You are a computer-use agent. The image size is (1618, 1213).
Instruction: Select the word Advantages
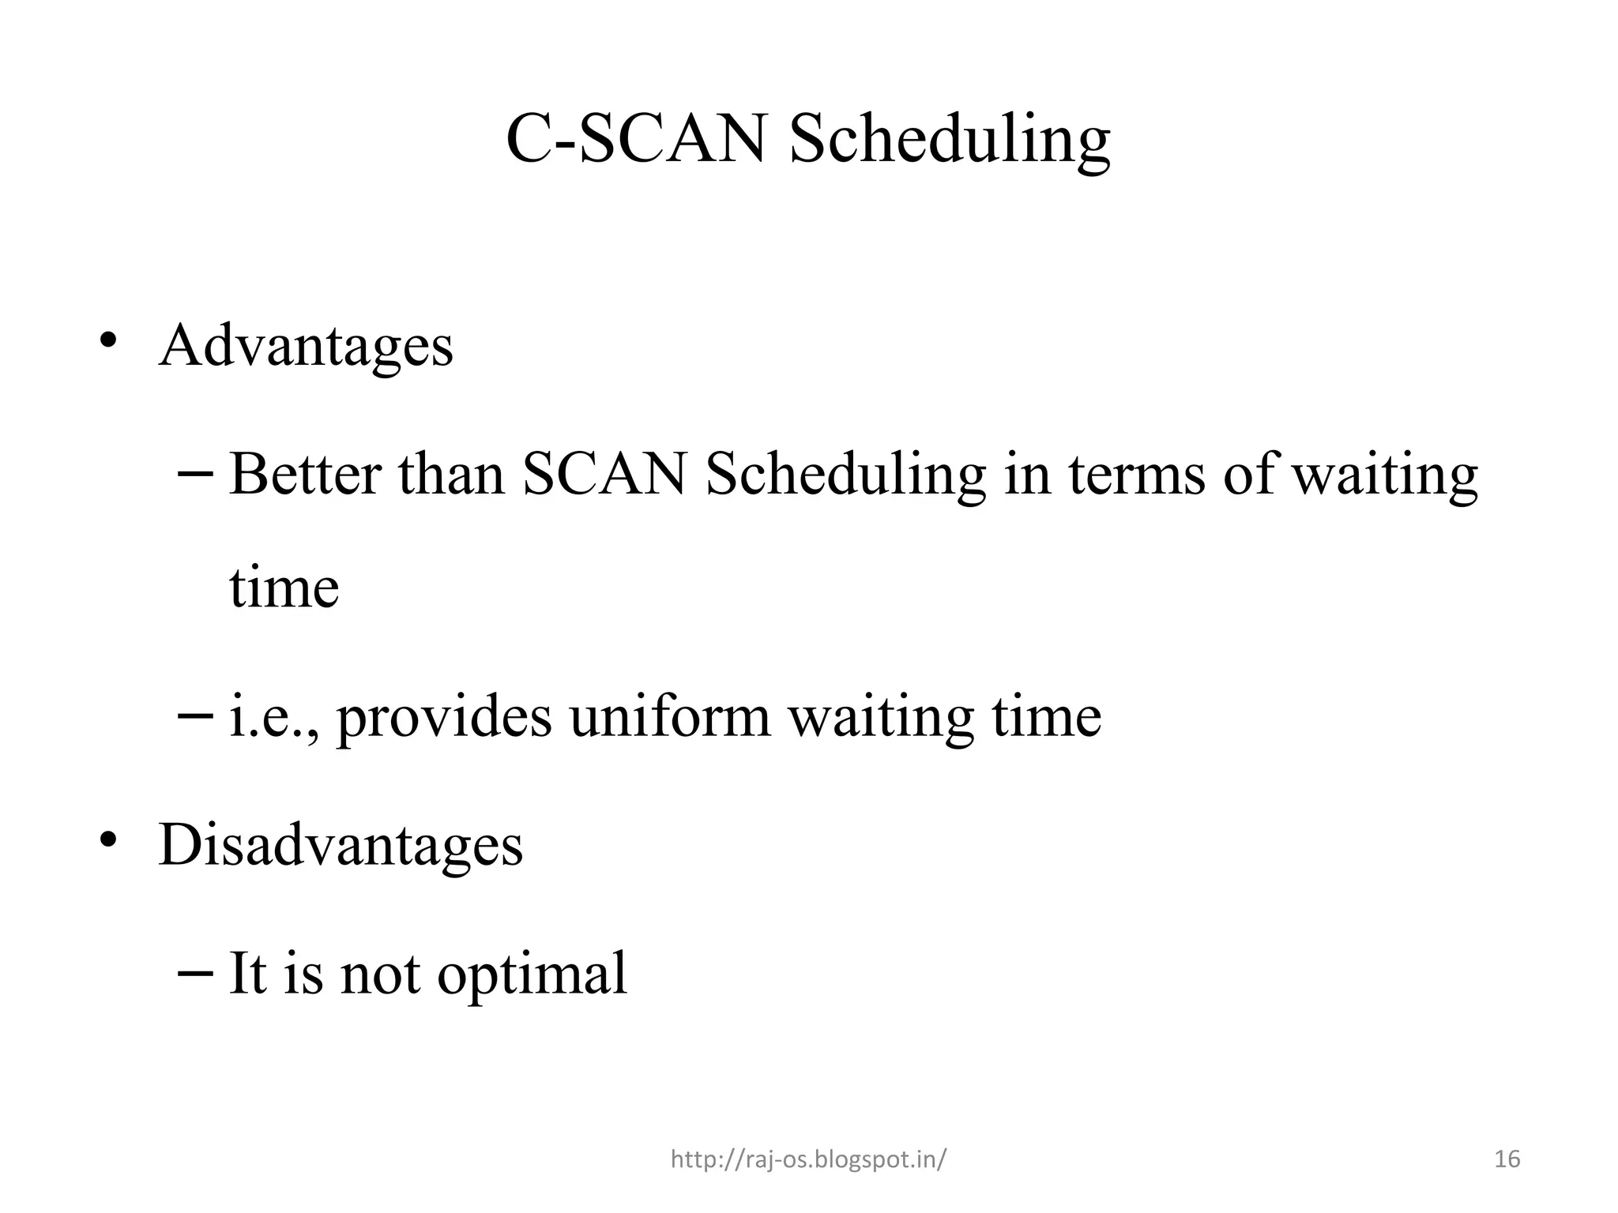pos(306,347)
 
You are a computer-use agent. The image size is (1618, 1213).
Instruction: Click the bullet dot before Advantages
pos(108,341)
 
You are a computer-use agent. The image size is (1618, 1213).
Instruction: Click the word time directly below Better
pos(284,588)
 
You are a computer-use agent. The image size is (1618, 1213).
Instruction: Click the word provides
pos(444,719)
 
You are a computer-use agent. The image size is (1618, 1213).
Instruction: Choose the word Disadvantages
pos(341,845)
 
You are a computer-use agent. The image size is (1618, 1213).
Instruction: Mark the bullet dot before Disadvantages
pos(108,839)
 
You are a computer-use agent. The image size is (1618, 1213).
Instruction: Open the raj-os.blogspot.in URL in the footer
pos(807,1159)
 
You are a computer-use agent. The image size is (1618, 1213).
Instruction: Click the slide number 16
pos(1507,1159)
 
